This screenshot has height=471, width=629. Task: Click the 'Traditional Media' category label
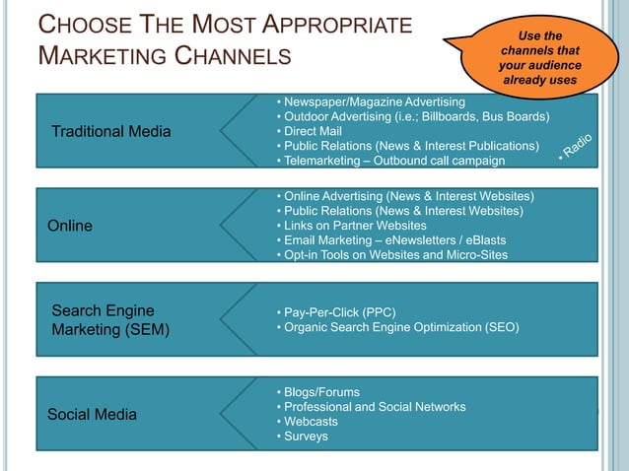coord(110,131)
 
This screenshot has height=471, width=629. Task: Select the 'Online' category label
coord(70,226)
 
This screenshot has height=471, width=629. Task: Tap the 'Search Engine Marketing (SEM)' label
coord(109,320)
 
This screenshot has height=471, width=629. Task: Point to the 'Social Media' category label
coord(92,414)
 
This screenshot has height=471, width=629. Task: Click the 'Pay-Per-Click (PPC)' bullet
coord(340,312)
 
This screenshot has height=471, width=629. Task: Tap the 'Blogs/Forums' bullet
coord(321,392)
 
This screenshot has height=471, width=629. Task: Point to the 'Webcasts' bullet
coord(311,422)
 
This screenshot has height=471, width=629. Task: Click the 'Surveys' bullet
coord(307,437)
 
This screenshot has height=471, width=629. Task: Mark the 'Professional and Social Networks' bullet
coord(375,407)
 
